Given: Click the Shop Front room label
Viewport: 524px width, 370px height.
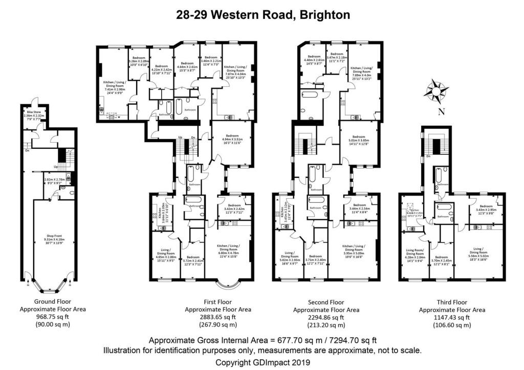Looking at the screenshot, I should [52, 240].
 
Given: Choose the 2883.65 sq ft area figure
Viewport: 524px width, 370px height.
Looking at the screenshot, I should [217, 317].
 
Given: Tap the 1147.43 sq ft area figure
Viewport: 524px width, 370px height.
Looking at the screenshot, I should [452, 317].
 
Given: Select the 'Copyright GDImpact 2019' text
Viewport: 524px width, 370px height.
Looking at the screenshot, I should [263, 362].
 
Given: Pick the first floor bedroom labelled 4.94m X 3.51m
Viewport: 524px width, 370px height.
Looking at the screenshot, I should [230, 141].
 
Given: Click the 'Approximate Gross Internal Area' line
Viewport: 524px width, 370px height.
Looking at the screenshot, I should [263, 341].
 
